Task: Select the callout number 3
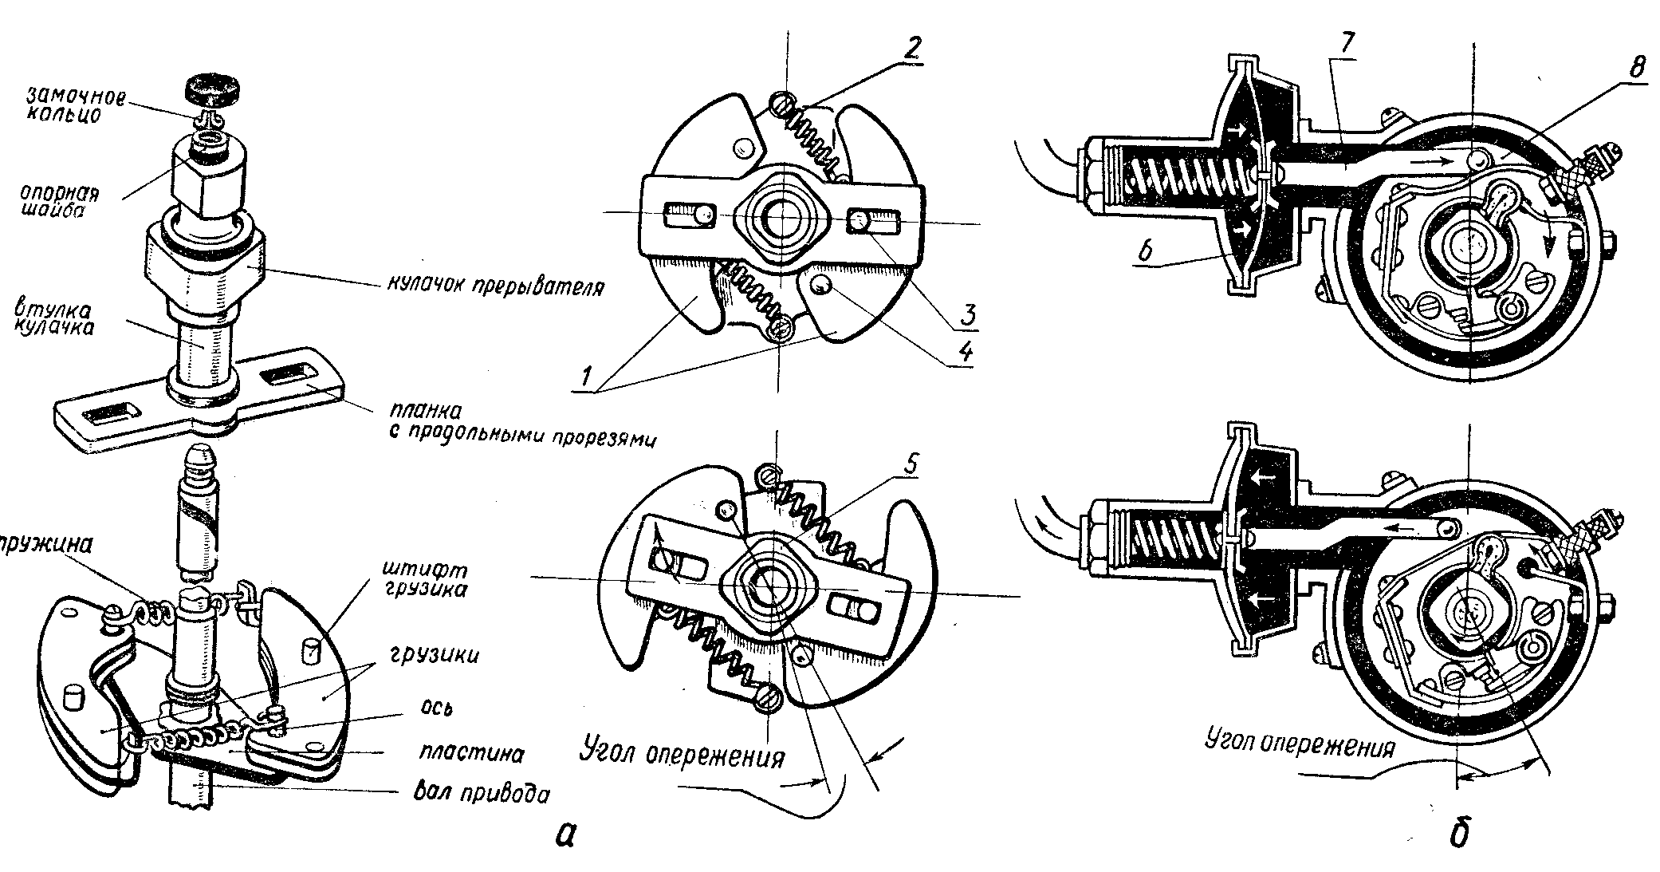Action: (967, 314)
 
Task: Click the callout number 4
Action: (966, 352)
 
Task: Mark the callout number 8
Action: (1615, 69)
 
